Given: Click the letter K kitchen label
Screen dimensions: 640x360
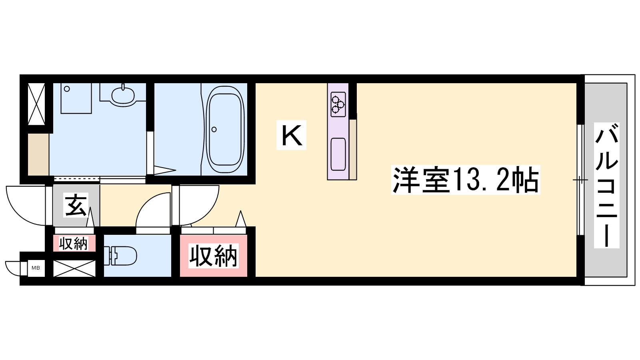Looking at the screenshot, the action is tap(291, 135).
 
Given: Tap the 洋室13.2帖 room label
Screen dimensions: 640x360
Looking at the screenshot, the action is tap(466, 180).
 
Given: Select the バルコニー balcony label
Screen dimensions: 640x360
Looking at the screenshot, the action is tap(606, 185).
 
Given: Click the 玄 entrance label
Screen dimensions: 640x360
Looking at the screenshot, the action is tap(76, 205).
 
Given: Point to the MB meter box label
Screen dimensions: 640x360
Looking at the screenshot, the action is tap(36, 268).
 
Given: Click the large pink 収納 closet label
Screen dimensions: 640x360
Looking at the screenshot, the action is tap(214, 256).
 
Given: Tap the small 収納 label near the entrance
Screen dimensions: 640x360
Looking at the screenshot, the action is tap(74, 244).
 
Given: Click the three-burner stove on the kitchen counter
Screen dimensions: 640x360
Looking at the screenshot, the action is tap(338, 104).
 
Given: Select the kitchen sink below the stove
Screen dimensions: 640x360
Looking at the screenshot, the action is tap(338, 154).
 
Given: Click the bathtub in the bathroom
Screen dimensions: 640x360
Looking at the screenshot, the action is tap(225, 130).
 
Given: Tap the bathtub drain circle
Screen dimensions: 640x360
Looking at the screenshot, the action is tap(214, 130).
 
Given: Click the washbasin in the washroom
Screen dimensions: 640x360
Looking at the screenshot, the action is tap(123, 95).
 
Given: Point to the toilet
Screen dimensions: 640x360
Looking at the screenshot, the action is tap(120, 256).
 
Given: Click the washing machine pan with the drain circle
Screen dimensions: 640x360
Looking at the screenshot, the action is tap(76, 98).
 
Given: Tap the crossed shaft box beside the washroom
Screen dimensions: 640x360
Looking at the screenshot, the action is tap(36, 104).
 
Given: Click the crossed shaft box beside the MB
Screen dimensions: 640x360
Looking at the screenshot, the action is tap(74, 268).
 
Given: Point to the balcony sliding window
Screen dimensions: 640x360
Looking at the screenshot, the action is tap(580, 180).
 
